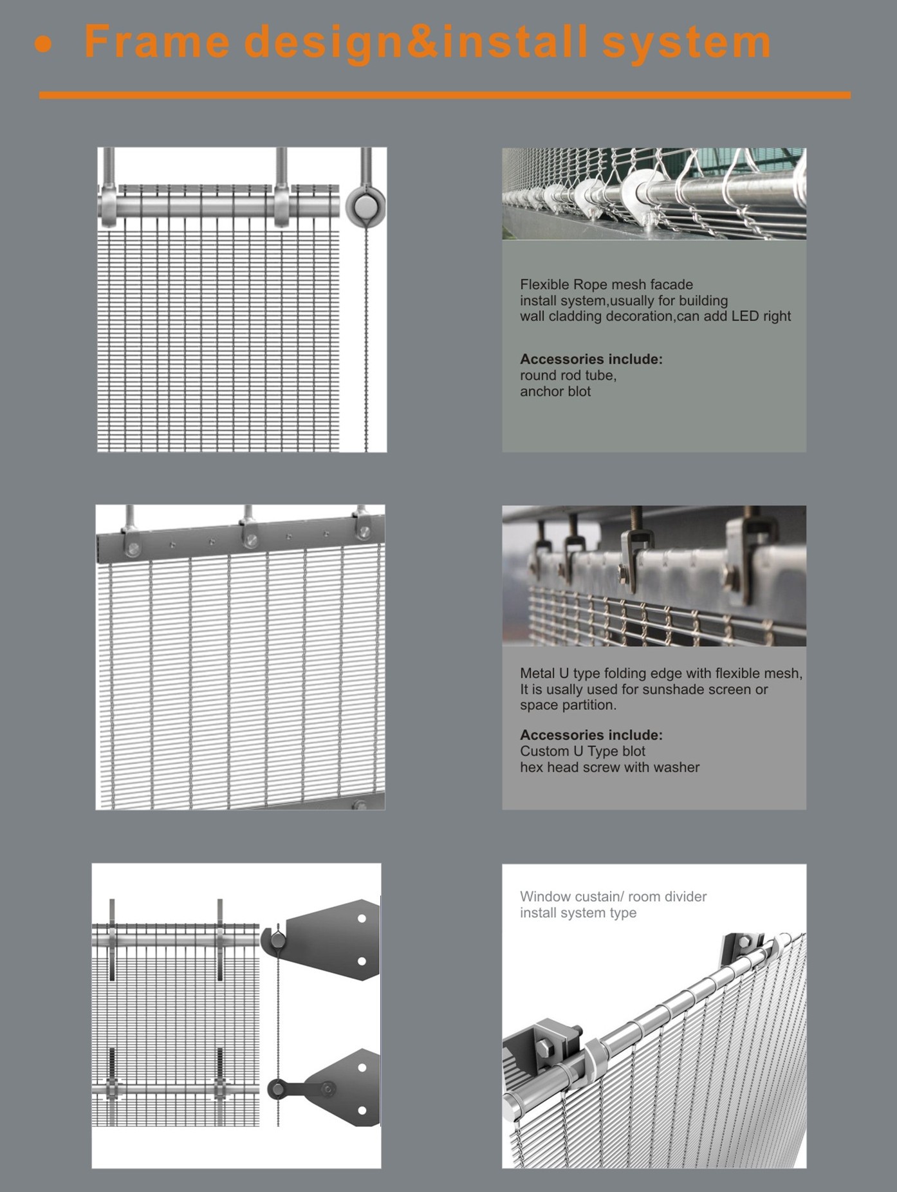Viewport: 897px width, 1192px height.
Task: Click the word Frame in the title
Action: [x=156, y=42]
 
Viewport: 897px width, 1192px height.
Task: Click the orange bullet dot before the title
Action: [x=43, y=44]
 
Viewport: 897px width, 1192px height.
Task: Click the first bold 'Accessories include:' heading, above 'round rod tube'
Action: [x=591, y=359]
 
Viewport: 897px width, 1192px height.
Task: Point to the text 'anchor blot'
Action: [x=555, y=391]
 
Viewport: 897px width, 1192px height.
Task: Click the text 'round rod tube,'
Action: [x=568, y=375]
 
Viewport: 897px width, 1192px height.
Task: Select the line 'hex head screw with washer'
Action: [x=609, y=767]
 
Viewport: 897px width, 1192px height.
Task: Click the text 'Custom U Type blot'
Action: [x=582, y=751]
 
